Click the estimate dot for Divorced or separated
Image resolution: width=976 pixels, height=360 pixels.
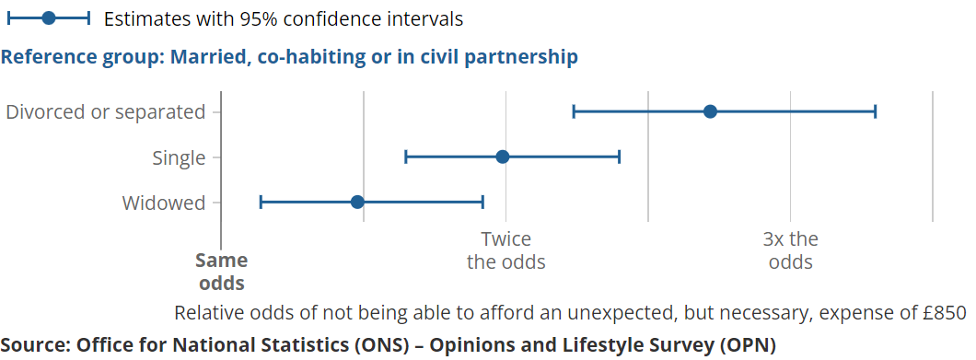[x=710, y=111]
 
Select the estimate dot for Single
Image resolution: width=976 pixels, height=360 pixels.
[x=503, y=157]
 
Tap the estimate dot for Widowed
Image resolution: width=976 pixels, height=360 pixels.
[x=356, y=202]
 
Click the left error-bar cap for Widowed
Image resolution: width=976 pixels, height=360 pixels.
[x=261, y=202]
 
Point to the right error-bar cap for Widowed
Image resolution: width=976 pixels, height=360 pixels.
[x=483, y=202]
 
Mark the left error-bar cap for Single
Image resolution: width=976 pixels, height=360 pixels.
[x=406, y=157]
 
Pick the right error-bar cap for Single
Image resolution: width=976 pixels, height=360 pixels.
[x=620, y=157]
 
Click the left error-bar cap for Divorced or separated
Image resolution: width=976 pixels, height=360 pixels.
[x=574, y=111]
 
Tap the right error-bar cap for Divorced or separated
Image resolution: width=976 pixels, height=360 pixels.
[x=875, y=111]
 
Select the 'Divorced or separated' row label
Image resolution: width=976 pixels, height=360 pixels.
[x=105, y=112]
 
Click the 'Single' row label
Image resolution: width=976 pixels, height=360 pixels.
[x=179, y=158]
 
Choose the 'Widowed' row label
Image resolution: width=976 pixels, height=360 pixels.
[x=164, y=203]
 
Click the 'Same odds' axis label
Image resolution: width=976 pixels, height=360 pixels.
[x=222, y=272]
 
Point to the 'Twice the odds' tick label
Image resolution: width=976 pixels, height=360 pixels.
[x=506, y=250]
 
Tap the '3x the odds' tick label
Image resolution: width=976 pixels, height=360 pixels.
[x=791, y=250]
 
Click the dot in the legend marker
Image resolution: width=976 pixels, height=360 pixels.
[x=49, y=18]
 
